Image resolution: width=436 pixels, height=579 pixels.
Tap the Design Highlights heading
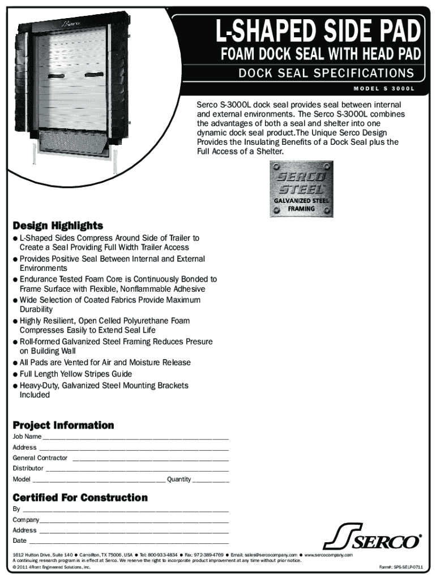[58, 226]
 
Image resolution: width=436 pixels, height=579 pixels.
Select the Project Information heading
[63, 425]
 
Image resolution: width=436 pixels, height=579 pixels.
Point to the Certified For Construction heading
[80, 498]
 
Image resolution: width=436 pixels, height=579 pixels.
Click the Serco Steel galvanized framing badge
[301, 189]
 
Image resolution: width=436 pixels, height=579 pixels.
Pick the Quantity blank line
[211, 481]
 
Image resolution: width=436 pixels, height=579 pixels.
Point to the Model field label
[22, 479]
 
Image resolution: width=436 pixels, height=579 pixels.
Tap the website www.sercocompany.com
[328, 555]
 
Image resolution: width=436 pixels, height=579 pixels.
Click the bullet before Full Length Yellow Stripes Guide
[15, 374]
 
